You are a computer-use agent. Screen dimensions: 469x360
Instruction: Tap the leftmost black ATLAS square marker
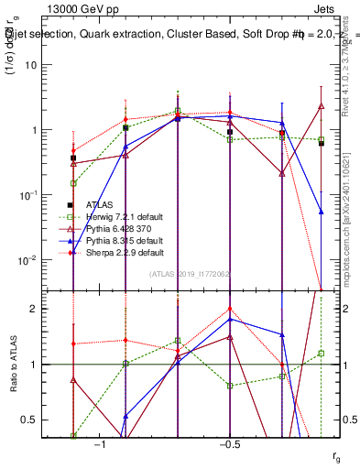[x=73, y=158]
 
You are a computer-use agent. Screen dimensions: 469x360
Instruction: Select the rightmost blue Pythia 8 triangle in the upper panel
[x=322, y=212]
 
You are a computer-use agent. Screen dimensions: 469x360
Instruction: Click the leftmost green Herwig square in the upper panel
[x=73, y=183]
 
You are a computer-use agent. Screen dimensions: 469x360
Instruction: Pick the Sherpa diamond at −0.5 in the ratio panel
[x=230, y=309]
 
